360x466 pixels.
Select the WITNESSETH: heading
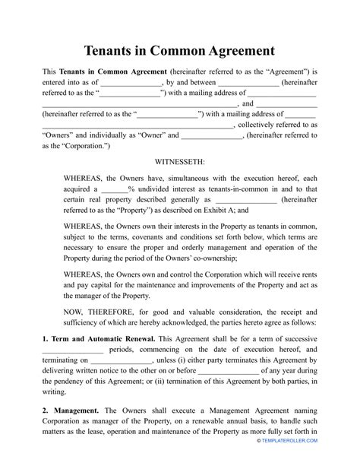179,162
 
